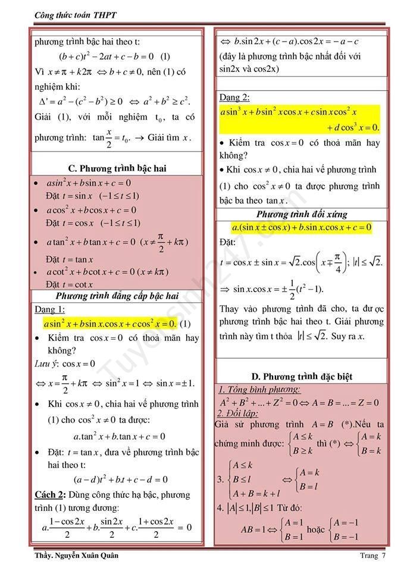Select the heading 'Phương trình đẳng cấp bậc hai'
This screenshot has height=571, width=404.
[117, 296]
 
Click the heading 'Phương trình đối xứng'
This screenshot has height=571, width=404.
[302, 214]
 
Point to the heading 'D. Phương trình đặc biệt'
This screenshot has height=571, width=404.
[302, 377]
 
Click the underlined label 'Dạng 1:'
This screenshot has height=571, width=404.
[50, 309]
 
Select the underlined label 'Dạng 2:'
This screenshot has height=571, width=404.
[234, 98]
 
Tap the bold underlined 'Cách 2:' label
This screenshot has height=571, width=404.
[51, 494]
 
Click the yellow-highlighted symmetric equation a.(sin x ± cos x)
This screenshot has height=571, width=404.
[302, 227]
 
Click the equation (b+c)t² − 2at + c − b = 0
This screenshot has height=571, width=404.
[114, 57]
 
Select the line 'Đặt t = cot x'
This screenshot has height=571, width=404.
[69, 284]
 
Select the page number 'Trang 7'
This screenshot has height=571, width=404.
[372, 556]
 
